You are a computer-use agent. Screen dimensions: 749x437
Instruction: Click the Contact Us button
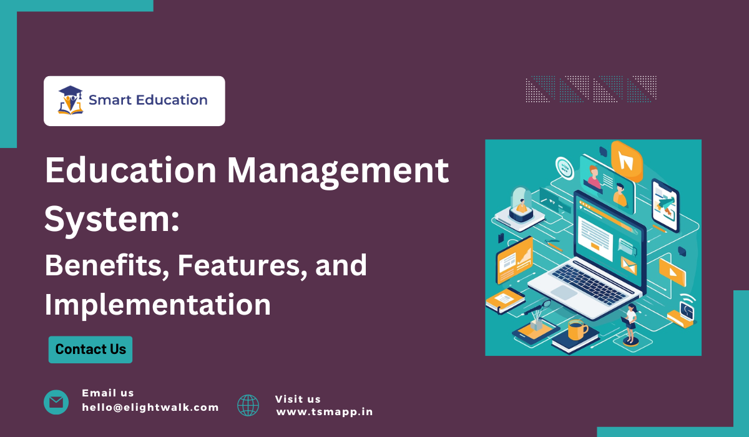(91, 350)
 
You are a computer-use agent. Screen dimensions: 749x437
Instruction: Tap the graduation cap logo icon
(71, 101)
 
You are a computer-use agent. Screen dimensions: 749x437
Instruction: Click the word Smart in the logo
(110, 100)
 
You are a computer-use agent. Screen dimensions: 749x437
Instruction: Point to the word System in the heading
(108, 219)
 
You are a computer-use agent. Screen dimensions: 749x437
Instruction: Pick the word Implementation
(157, 305)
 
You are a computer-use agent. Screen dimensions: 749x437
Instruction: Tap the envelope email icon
(56, 402)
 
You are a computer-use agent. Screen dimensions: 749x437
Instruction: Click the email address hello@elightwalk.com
(150, 407)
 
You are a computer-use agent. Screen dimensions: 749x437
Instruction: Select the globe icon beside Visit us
(248, 405)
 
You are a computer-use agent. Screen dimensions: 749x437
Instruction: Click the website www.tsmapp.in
(325, 412)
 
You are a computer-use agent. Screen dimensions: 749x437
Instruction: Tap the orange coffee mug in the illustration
(577, 330)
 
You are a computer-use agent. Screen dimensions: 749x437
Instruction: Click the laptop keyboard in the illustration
(589, 284)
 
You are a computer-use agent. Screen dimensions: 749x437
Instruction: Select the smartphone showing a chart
(665, 205)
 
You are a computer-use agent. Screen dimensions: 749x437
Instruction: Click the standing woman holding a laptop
(630, 323)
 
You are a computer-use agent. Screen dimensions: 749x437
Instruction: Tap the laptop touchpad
(564, 292)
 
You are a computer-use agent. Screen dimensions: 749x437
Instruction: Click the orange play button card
(672, 272)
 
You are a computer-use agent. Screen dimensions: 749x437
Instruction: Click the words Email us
(108, 393)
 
